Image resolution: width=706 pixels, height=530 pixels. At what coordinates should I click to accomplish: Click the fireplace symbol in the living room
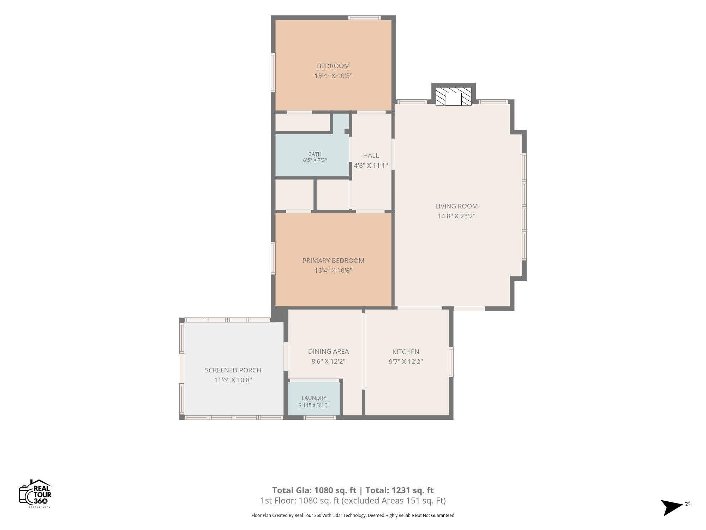[454, 96]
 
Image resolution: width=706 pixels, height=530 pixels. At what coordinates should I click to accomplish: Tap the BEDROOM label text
[333, 66]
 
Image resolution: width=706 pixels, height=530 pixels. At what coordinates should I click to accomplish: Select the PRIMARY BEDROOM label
[333, 260]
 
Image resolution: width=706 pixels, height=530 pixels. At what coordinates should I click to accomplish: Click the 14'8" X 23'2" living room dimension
[456, 216]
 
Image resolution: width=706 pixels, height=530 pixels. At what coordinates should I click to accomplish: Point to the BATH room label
[315, 154]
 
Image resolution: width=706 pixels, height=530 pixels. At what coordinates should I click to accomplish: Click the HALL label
[371, 155]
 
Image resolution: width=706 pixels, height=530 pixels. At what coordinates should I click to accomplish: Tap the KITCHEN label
[406, 352]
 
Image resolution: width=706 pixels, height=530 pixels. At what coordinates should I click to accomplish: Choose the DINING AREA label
[328, 351]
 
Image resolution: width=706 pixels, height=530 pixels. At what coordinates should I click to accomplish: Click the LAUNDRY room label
[314, 398]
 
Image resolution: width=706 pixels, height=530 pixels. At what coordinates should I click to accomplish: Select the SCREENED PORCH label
[233, 370]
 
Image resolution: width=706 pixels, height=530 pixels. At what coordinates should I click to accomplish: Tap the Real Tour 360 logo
[35, 494]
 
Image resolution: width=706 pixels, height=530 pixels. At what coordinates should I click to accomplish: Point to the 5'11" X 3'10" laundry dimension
[314, 405]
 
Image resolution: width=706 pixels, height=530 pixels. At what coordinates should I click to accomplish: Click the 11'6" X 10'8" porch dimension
[233, 380]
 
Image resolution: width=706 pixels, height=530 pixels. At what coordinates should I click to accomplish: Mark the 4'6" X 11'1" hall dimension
[371, 165]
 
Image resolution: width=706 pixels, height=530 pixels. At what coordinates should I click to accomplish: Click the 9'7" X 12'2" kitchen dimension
[406, 361]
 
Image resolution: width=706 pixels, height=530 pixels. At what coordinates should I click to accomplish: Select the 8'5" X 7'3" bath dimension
[315, 160]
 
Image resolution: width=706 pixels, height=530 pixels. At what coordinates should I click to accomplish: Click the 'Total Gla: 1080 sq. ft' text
[314, 490]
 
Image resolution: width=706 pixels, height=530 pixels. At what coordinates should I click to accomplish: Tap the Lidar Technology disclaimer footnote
[353, 515]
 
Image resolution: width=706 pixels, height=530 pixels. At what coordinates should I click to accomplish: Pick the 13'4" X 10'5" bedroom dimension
[333, 76]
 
